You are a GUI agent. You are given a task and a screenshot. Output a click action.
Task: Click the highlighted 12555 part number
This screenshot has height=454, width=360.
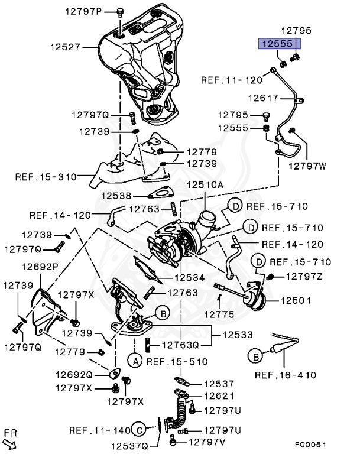coord(278,43)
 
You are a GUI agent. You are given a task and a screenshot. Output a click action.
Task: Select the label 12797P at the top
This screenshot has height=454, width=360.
coord(85,11)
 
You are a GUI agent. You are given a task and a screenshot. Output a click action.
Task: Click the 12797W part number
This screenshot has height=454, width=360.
coord(307,166)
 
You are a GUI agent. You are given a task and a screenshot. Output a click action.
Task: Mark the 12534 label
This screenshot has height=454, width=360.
coord(189,277)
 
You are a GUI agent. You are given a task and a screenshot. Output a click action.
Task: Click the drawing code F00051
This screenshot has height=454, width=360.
coord(311,444)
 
